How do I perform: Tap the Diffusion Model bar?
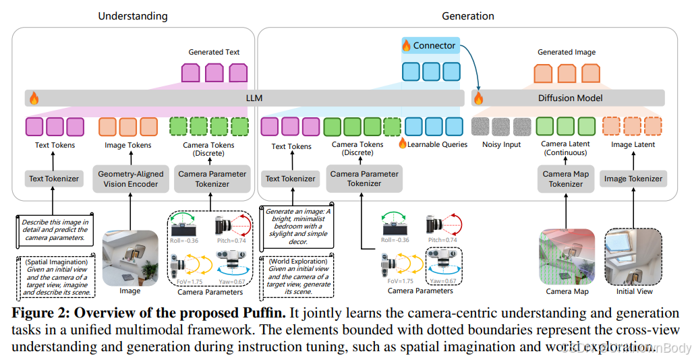coord(570,98)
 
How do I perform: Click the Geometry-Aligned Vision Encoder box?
coord(129,179)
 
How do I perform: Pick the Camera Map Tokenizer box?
coord(567,179)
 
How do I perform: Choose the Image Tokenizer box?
coord(633,179)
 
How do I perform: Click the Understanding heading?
coord(133,16)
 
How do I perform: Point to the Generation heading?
coord(467,16)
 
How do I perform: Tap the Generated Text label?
coord(214,52)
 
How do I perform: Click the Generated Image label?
coord(567,52)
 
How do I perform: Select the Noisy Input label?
coord(501,145)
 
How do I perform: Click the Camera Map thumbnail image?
coord(567,256)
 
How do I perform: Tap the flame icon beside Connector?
coord(407,46)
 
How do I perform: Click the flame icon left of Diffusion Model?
coord(479,98)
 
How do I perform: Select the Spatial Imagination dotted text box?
coord(55,274)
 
